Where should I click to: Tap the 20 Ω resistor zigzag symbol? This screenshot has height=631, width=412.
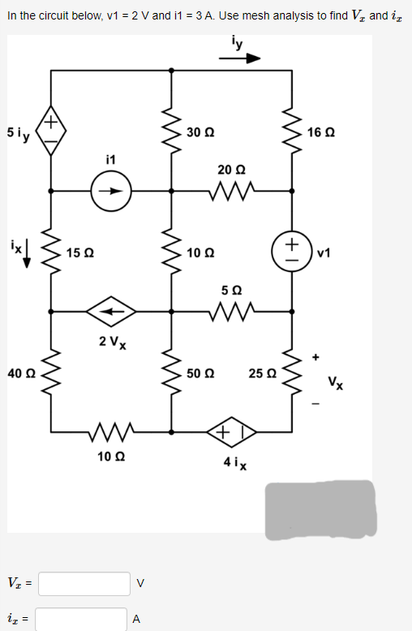coord(232,192)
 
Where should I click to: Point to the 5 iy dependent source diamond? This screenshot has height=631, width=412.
coord(50,131)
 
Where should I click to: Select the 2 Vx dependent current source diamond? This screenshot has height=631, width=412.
coord(112,310)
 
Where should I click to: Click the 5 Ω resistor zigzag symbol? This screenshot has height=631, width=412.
coord(232,310)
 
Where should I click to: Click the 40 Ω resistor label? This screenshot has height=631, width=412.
coord(19,373)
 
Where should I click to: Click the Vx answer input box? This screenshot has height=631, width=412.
coord(84,583)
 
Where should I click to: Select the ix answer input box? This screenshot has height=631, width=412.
coord(80,620)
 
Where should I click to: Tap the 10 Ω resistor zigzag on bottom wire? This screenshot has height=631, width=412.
coord(110,430)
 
